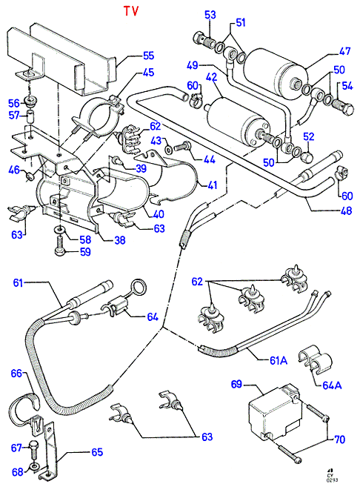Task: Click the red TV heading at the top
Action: pos(131,11)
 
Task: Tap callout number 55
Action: pos(148,56)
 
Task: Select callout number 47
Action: pos(344,50)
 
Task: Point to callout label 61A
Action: pos(279,360)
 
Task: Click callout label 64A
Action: pos(333,385)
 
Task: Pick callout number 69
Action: pos(236,384)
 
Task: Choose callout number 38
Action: pos(120,240)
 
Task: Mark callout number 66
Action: pos(16,373)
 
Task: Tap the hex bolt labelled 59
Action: pos(60,248)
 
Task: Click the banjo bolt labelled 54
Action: pos(343,107)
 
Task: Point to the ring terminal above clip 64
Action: pos(140,286)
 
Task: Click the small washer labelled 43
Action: pos(169,150)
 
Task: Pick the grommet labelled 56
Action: pos(31,101)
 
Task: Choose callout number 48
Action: pos(347,210)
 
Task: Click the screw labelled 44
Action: pos(184,146)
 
